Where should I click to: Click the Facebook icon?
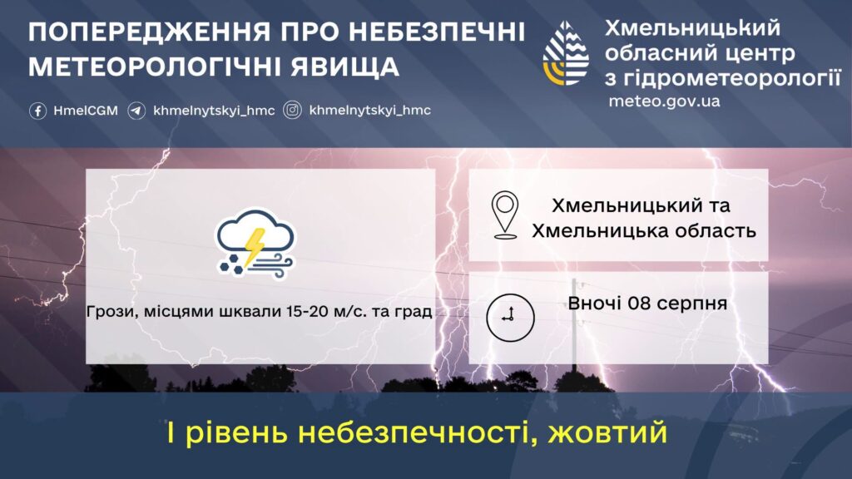pos(37,111)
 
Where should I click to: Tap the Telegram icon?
pos(136,111)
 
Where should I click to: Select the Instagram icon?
pos(292,111)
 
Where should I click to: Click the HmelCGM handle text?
pos(86,111)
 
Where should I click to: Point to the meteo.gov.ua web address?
pos(664,101)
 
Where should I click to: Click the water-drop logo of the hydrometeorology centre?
pos(566,53)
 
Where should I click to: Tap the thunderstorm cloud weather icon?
pos(255,244)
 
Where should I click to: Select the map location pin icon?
pos(505,215)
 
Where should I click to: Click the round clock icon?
pos(510,318)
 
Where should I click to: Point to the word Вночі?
pos(595,303)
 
